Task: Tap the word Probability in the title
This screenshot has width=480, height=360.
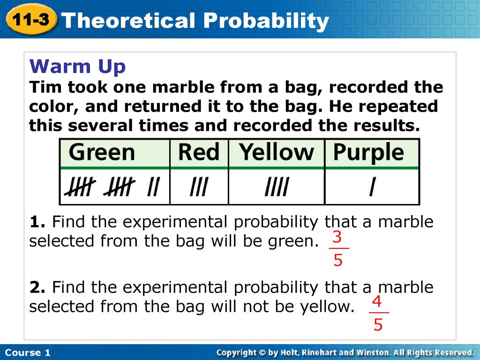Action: tap(266, 21)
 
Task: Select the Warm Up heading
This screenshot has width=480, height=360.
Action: tap(77, 67)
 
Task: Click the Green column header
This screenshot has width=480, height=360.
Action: tap(102, 152)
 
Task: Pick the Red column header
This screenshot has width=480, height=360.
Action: tap(199, 152)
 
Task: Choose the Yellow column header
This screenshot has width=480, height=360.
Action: tap(277, 152)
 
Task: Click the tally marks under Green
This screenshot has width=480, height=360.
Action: tap(112, 187)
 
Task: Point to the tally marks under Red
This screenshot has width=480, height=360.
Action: tap(199, 187)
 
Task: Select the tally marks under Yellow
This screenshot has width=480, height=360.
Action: tap(277, 187)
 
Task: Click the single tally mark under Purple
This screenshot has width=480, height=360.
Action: tap(372, 187)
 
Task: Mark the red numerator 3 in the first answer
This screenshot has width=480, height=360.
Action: tap(337, 237)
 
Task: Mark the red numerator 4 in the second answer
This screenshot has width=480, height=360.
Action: tap(377, 301)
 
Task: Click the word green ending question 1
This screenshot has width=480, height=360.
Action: tap(294, 242)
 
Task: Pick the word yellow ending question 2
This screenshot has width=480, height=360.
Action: tap(327, 307)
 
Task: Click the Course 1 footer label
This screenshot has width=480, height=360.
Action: tap(28, 352)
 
